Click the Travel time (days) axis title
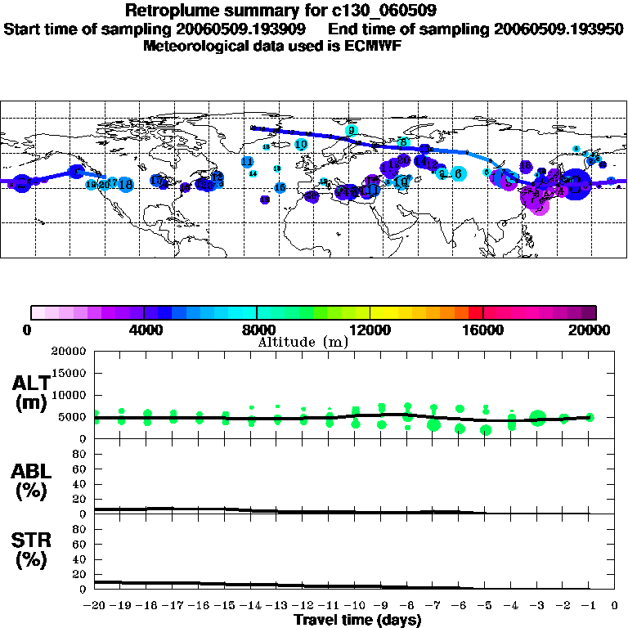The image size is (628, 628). click(x=357, y=621)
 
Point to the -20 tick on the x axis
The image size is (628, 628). click(x=95, y=606)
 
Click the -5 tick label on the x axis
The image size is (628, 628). click(x=485, y=606)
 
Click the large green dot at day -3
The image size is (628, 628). click(x=537, y=418)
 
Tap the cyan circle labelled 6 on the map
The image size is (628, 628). click(x=459, y=173)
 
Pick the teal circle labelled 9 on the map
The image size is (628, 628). click(x=352, y=130)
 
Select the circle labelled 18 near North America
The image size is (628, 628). click(x=126, y=185)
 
